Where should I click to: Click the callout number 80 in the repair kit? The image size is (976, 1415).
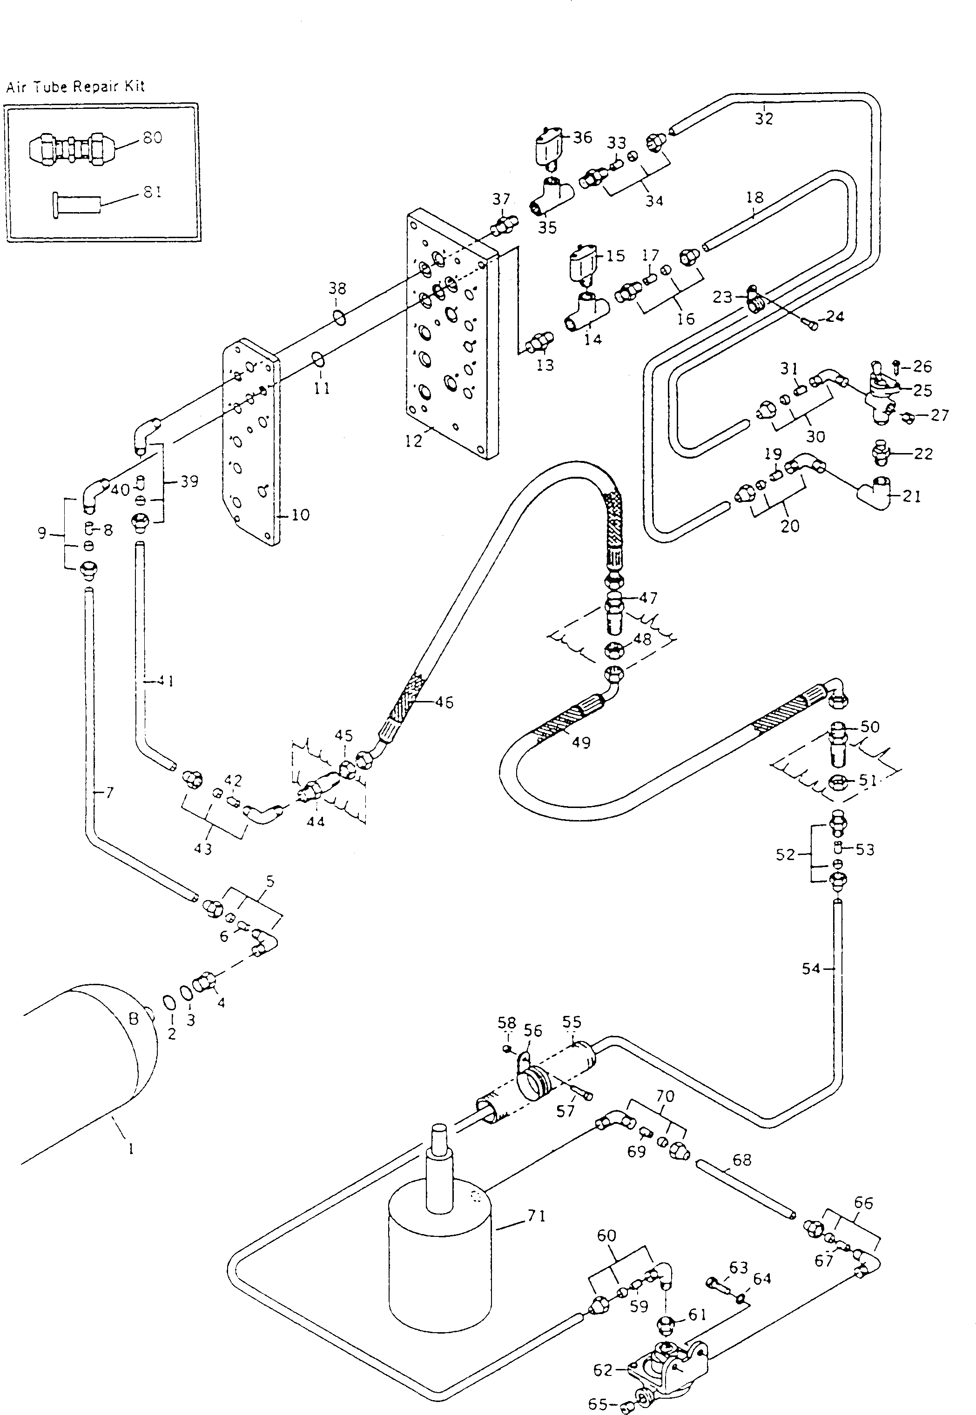(152, 138)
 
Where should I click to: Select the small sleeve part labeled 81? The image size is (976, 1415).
(76, 203)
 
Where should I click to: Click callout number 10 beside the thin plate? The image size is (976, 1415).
(300, 515)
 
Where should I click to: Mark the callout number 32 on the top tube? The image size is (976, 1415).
(764, 118)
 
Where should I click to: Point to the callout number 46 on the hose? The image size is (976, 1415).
(444, 702)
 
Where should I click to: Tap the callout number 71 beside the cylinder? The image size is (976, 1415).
(536, 1216)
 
